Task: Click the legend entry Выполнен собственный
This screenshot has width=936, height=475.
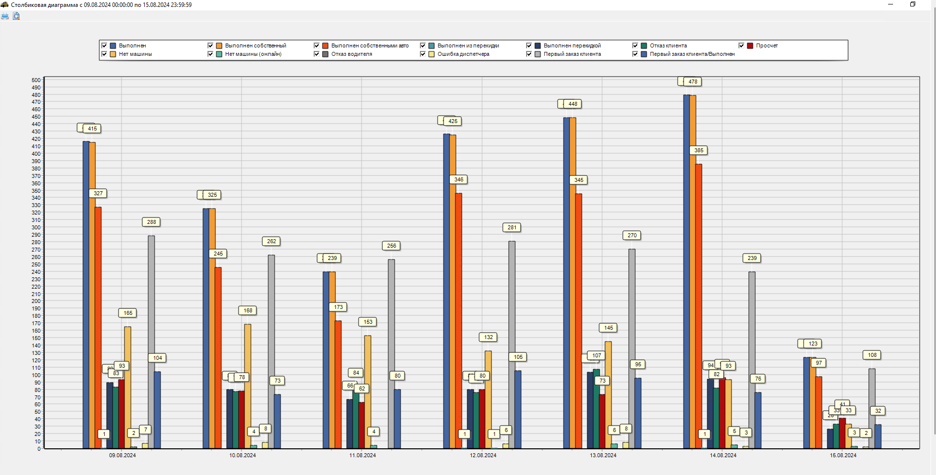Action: (255, 45)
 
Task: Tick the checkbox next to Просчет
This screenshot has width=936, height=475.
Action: (741, 45)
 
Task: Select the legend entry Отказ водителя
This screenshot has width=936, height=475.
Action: (351, 54)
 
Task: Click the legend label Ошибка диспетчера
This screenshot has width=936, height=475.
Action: (463, 54)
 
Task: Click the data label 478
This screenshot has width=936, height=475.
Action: (693, 82)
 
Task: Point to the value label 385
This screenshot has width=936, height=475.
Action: (699, 150)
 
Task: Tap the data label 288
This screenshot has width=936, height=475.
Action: (152, 222)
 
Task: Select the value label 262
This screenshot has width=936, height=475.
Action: (272, 241)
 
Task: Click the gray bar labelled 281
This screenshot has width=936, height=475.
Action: (512, 346)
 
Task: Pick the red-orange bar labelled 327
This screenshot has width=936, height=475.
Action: (98, 326)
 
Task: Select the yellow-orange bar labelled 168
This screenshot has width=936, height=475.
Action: (248, 386)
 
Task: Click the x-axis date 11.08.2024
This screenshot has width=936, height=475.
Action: (363, 455)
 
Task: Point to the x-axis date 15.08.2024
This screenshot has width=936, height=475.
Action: (843, 455)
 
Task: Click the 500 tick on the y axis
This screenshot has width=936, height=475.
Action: (36, 80)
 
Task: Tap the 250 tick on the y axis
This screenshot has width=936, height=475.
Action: (36, 264)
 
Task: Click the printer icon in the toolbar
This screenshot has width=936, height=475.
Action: (5, 16)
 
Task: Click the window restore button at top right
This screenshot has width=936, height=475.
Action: (913, 4)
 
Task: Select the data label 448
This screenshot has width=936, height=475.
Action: (573, 104)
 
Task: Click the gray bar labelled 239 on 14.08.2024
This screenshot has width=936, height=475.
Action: (752, 361)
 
